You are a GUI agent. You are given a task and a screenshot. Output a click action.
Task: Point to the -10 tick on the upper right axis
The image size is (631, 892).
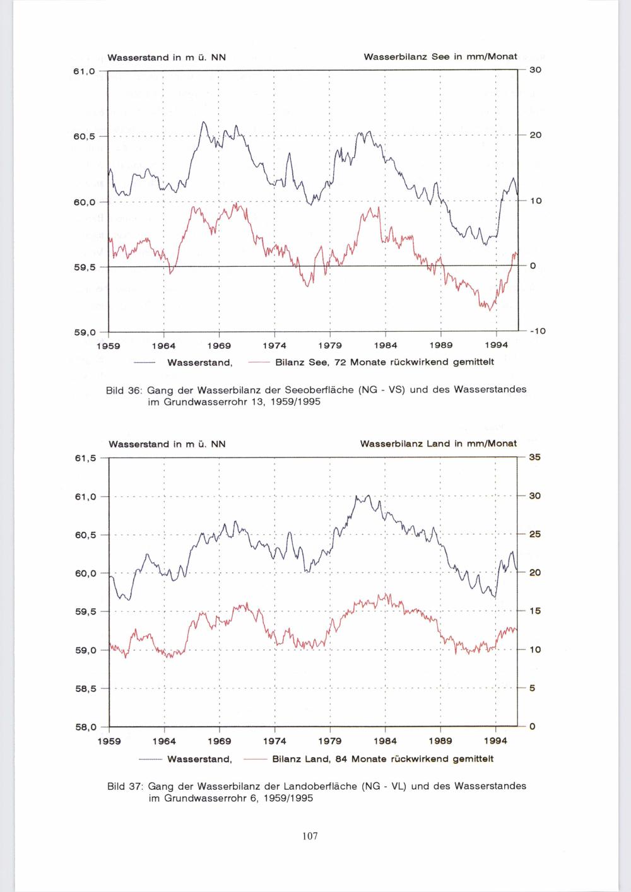(533, 331)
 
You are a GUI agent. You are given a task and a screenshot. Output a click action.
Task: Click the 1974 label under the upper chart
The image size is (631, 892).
(274, 346)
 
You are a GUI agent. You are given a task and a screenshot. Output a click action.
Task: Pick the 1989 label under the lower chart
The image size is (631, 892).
(440, 741)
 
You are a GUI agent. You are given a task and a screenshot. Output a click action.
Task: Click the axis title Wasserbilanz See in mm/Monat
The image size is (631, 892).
(440, 57)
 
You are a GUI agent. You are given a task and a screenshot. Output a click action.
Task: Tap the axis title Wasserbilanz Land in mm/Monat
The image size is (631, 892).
(438, 444)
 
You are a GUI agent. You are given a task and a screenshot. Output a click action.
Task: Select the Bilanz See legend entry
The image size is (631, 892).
(384, 362)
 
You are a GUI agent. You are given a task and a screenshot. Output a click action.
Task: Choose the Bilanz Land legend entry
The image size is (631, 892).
(382, 758)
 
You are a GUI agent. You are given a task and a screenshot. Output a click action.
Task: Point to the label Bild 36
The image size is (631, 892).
(124, 390)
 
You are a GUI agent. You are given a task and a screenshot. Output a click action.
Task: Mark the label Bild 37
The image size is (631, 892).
(124, 787)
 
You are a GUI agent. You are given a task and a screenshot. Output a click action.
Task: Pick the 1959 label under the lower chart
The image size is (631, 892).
(109, 741)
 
